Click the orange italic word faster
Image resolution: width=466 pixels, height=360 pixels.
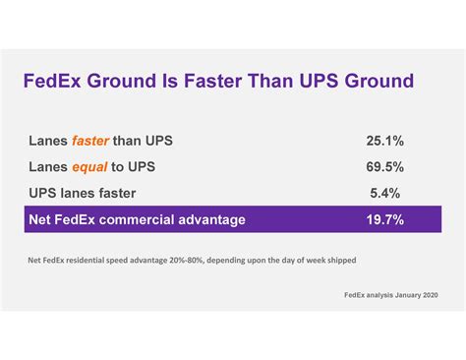pyautogui.click(x=90, y=141)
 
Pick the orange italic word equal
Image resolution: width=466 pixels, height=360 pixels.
pyautogui.click(x=88, y=166)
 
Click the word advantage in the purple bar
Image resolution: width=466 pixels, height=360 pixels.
pyautogui.click(x=209, y=218)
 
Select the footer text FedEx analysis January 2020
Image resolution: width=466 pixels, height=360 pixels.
pyautogui.click(x=391, y=294)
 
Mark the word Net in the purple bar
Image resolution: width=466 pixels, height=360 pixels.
pyautogui.click(x=41, y=218)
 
